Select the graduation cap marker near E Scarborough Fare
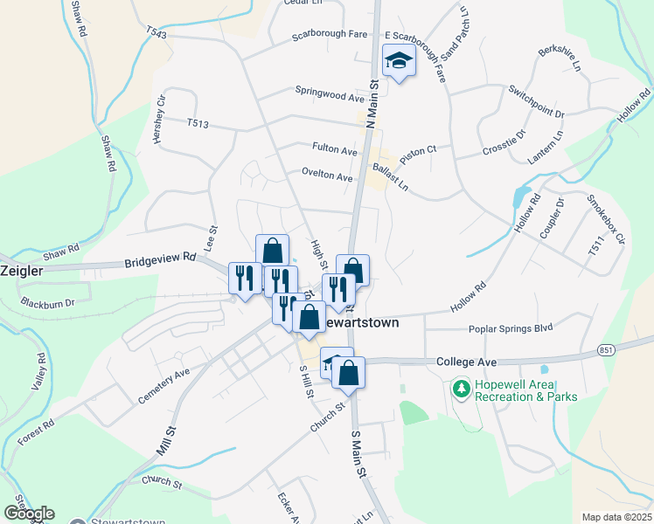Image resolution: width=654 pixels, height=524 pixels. (x=399, y=62)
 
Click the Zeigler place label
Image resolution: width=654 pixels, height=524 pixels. (x=21, y=271)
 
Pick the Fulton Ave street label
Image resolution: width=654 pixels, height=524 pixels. (x=335, y=149)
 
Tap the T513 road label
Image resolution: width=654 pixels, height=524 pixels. (x=198, y=124)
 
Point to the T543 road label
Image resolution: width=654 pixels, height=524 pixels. (x=157, y=33)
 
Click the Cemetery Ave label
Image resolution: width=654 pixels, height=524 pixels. (x=163, y=385)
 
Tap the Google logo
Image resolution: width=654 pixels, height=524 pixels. (x=29, y=514)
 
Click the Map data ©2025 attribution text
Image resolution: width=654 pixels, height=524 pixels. (x=616, y=517)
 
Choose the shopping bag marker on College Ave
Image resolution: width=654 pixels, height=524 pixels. (x=348, y=373)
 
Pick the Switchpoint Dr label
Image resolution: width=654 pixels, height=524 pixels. (x=537, y=102)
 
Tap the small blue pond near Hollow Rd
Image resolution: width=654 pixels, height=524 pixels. (x=522, y=195)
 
